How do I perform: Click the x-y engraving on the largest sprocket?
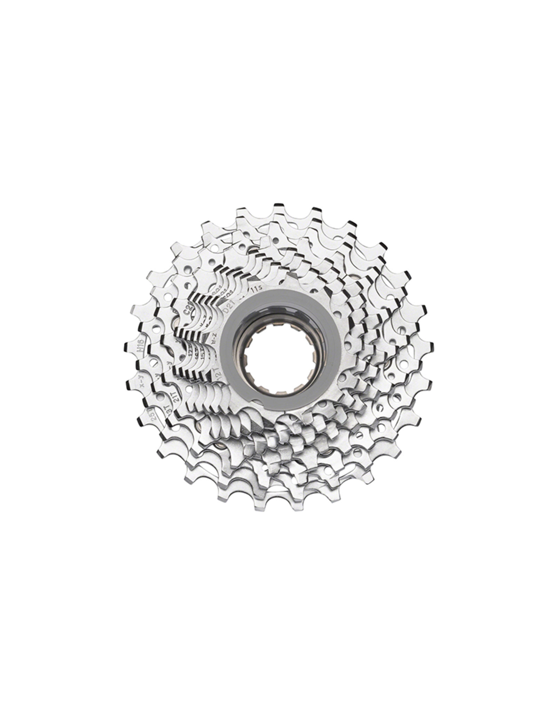click(x=142, y=385)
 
